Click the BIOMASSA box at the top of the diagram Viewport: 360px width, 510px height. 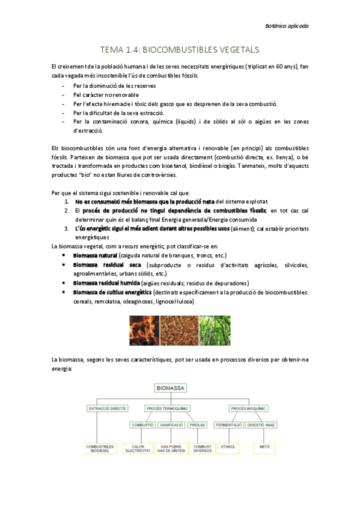(171, 389)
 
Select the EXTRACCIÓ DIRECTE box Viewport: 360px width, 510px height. (108, 408)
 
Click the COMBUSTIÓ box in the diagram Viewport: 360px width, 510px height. (142, 425)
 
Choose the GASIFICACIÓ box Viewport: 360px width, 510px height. (171, 425)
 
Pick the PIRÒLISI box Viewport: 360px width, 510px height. (197, 425)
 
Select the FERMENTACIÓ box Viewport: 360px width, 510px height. (228, 425)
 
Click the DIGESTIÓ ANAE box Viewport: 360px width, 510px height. (260, 425)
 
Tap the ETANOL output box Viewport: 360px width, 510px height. (228, 447)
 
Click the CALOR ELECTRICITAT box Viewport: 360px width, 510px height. (139, 448)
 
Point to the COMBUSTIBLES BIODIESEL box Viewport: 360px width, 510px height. (100, 448)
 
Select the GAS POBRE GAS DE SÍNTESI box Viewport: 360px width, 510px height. (171, 448)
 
